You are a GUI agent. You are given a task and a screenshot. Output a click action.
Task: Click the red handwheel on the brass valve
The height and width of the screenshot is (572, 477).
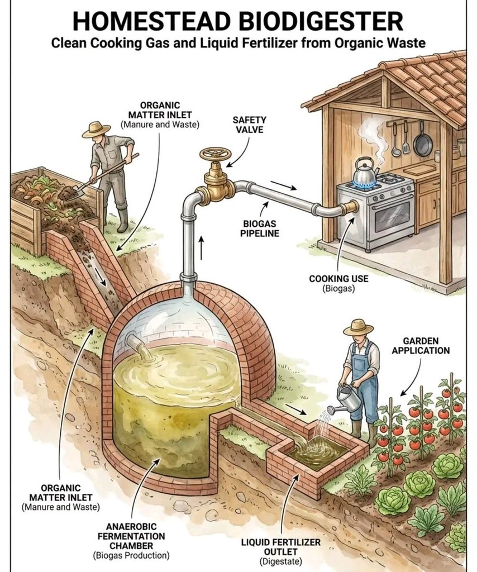pyautogui.click(x=216, y=154)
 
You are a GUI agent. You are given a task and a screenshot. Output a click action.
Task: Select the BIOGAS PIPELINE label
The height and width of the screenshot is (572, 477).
pyautogui.click(x=261, y=228)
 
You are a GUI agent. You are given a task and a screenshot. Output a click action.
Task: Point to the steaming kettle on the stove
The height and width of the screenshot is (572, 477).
pyautogui.click(x=365, y=173)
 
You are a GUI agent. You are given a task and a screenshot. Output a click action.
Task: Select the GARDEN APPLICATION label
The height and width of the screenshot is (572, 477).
pyautogui.click(x=426, y=346)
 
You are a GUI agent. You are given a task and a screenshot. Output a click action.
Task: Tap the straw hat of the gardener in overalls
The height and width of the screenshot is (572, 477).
pyautogui.click(x=358, y=327)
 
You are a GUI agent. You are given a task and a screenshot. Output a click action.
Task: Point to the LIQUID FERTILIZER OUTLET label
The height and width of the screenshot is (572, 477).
pyautogui.click(x=281, y=547)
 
